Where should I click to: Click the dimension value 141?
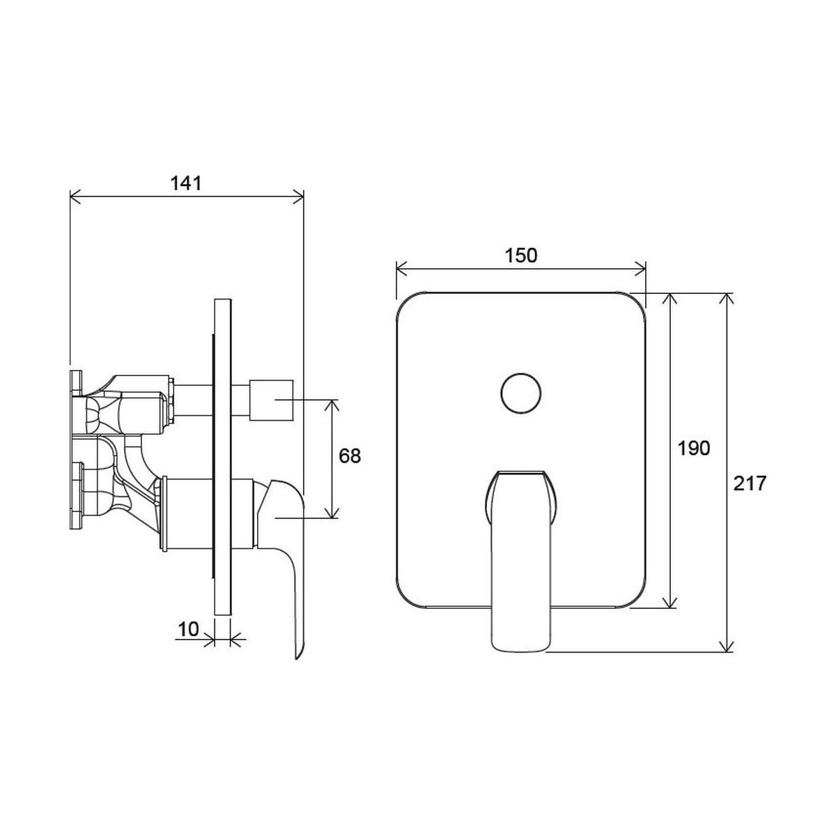click(186, 183)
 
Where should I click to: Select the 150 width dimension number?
click(520, 256)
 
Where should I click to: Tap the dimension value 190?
click(694, 448)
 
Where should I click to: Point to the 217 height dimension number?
click(750, 483)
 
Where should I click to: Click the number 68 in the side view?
click(350, 456)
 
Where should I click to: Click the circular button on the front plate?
click(520, 393)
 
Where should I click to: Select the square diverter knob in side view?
click(271, 401)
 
